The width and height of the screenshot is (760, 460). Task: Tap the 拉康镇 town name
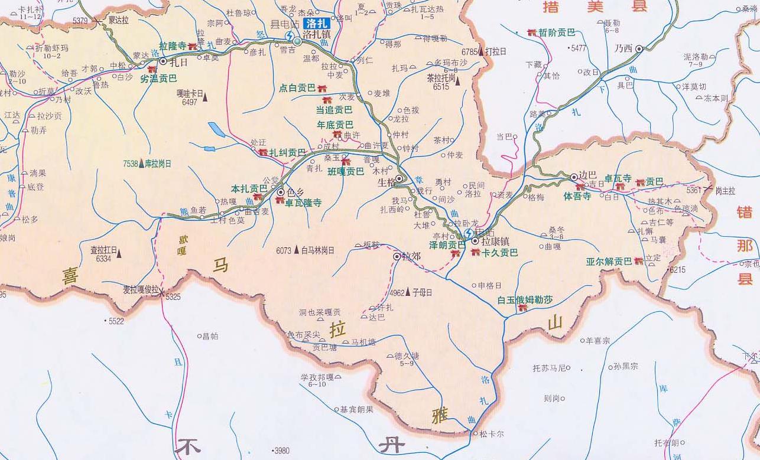pyautogui.click(x=495, y=242)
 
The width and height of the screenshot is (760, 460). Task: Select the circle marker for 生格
pyautogui.click(x=400, y=178)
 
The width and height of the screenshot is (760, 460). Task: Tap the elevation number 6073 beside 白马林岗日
pyautogui.click(x=284, y=250)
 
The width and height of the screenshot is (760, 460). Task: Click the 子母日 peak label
pyautogui.click(x=422, y=292)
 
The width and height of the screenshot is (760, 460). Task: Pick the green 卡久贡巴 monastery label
pyautogui.click(x=499, y=253)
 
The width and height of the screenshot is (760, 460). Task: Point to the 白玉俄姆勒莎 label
pyautogui.click(x=525, y=299)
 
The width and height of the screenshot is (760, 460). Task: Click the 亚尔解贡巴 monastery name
pyautogui.click(x=609, y=261)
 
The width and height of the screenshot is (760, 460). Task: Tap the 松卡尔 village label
pyautogui.click(x=492, y=434)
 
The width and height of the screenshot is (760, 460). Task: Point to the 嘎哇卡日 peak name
pyautogui.click(x=189, y=93)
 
